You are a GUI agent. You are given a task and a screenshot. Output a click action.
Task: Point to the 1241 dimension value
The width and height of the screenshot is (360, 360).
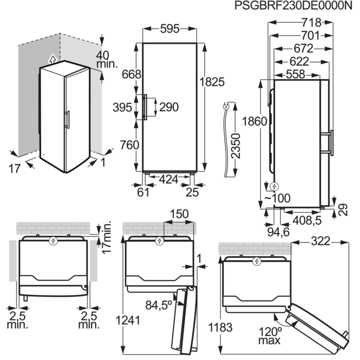[128, 320]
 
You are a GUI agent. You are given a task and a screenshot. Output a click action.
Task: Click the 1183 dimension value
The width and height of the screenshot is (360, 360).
[221, 327]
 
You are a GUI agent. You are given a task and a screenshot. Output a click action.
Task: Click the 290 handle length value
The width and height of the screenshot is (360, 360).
[168, 107]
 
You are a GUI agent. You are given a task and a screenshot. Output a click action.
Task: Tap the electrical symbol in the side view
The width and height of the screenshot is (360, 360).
[274, 186]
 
